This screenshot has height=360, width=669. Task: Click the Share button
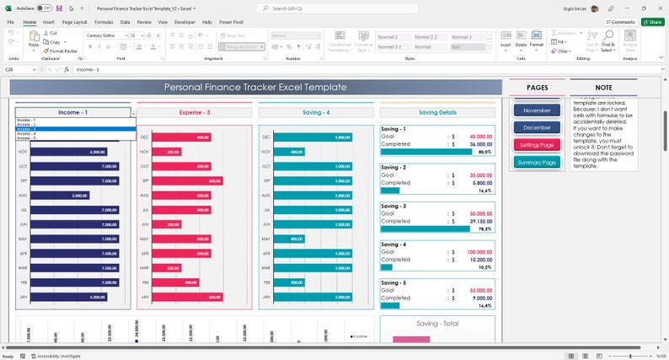pos(652,22)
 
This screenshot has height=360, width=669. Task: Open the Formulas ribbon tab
pos(104,22)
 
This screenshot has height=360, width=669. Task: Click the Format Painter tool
pos(62,51)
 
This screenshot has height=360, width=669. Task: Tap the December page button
pos(537,127)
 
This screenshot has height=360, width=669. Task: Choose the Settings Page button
pos(537,145)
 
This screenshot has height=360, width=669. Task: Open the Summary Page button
pos(537,162)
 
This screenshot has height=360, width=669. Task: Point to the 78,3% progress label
pos(484,229)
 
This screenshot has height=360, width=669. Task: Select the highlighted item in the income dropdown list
pos(74,129)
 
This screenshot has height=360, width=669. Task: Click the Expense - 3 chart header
pos(195,112)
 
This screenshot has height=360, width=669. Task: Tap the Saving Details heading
pos(437,112)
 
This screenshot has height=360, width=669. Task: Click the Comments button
pos(620,22)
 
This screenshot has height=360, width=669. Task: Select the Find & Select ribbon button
pos(607,47)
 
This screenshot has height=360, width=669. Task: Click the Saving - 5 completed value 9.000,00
pos(483,298)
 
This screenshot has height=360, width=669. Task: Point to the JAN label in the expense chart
pos(145,297)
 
